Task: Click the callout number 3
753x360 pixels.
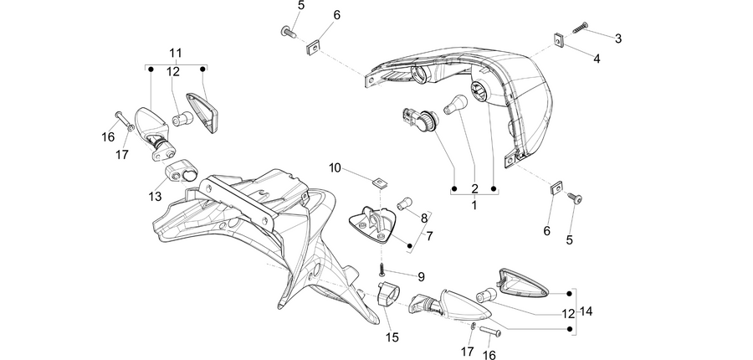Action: [x=618, y=39]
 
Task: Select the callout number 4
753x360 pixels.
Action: [x=597, y=59]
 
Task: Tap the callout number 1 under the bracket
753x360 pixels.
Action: [x=474, y=206]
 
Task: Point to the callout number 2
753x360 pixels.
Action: [x=474, y=189]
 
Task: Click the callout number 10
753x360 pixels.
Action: [x=335, y=167]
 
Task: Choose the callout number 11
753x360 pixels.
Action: [x=176, y=53]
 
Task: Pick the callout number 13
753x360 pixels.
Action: [x=155, y=196]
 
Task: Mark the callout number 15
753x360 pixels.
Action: [x=392, y=337]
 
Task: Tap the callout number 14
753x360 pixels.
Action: [x=586, y=311]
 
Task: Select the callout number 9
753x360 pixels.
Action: [x=421, y=277]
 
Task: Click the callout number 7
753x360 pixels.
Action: [x=429, y=236]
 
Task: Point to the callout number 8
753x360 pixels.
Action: [x=424, y=219]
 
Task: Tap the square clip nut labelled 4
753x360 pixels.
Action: [x=559, y=40]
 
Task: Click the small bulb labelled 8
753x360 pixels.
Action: [x=405, y=203]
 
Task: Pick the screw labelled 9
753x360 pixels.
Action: [x=382, y=270]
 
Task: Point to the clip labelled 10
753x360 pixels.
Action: [x=382, y=183]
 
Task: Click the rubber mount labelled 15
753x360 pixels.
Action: [x=388, y=293]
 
